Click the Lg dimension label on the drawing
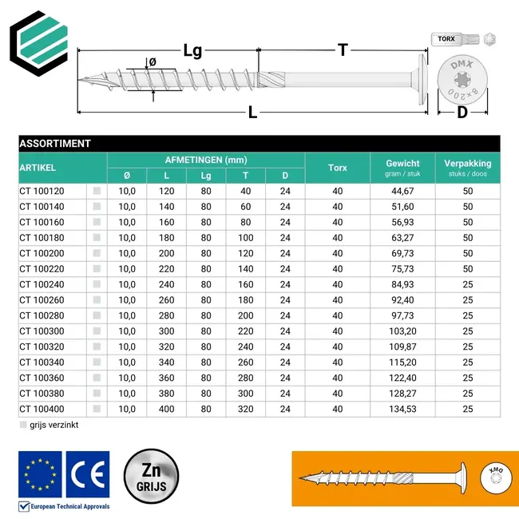coord(192,50)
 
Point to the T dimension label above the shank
coord(343,50)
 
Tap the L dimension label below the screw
coord(252,113)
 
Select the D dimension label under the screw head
coord(462,113)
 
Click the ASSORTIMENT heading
coord(55,144)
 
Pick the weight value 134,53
coord(402,409)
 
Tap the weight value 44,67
coord(402,191)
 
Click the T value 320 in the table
coord(245,409)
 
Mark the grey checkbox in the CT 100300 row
coord(97,331)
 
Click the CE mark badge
coord(88,473)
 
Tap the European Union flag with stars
coord(40,473)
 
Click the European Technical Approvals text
coord(69,505)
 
